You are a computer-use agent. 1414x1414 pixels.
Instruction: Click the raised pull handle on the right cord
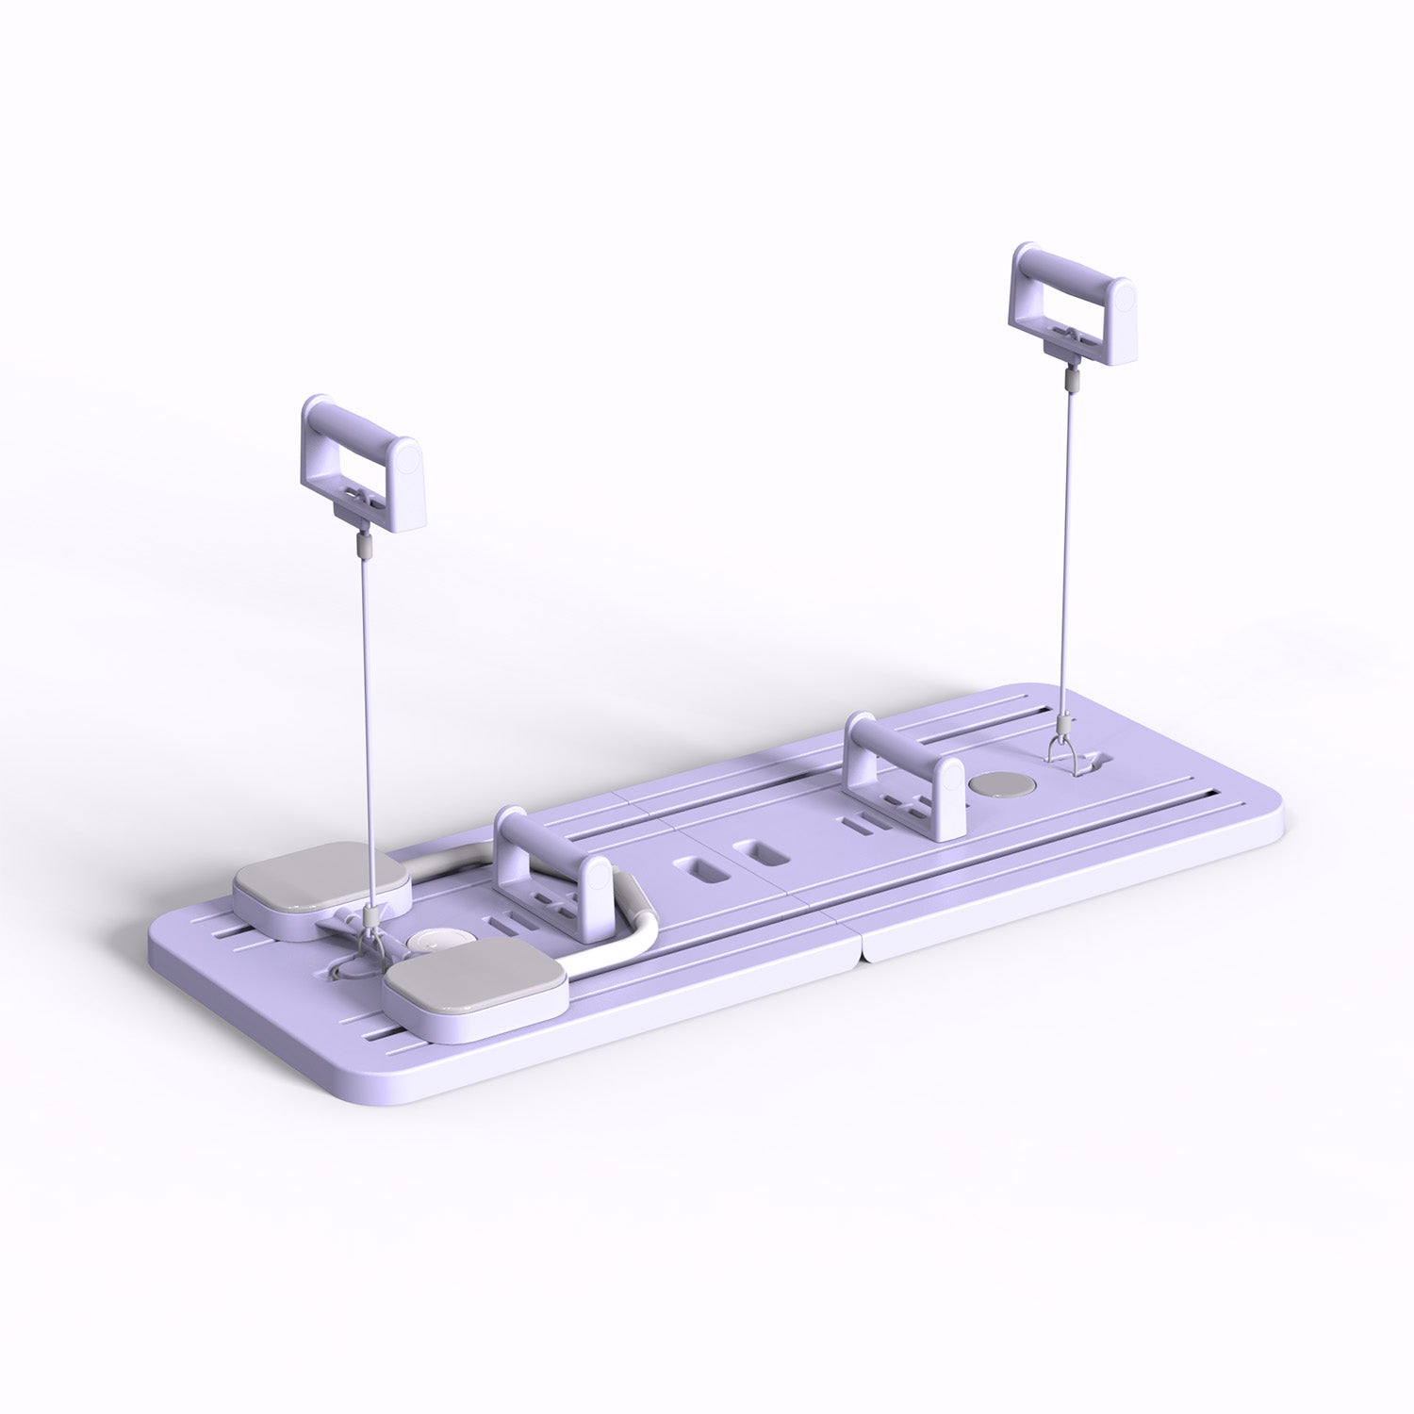click(1071, 304)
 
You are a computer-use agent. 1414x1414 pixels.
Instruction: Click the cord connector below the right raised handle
click(1070, 380)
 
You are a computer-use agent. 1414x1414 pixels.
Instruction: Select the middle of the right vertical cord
click(1069, 556)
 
